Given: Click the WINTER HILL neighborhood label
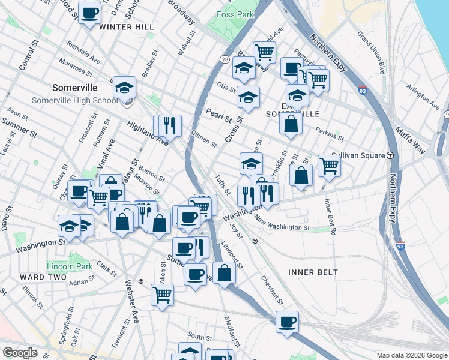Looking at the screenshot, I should pos(127,27).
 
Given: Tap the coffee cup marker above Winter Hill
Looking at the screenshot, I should pos(89,13).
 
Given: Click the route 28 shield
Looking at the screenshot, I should pos(224,60).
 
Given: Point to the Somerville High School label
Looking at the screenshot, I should pos(75,100).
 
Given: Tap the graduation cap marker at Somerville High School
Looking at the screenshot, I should pos(124,89).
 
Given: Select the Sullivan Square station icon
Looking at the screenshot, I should pos(390,155).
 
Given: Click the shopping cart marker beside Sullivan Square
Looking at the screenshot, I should pos(328,164).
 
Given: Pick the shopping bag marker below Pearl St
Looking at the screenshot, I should pos(291,124).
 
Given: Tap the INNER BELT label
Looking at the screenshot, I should pos(313,272).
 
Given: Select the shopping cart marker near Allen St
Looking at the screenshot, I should pos(162,295).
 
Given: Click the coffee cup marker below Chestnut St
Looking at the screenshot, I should pos(287,321).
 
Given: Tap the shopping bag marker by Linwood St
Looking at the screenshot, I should pos(224,272).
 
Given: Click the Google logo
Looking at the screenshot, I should pos(20,353).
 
